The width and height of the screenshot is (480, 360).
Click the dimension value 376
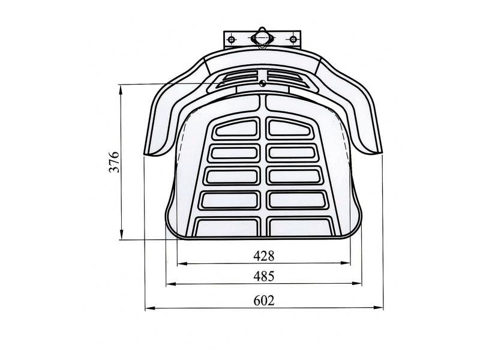114,161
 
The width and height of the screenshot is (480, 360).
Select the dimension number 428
264,256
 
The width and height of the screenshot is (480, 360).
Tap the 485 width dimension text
264,277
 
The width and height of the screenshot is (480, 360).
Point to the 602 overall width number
264,301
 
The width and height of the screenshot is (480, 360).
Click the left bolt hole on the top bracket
232,40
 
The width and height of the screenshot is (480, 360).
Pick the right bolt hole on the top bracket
293,40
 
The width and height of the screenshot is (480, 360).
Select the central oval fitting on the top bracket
262,38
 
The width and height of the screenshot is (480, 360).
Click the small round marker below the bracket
262,83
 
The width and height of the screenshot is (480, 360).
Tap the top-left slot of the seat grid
236,128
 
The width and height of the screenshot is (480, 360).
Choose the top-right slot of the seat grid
290,128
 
